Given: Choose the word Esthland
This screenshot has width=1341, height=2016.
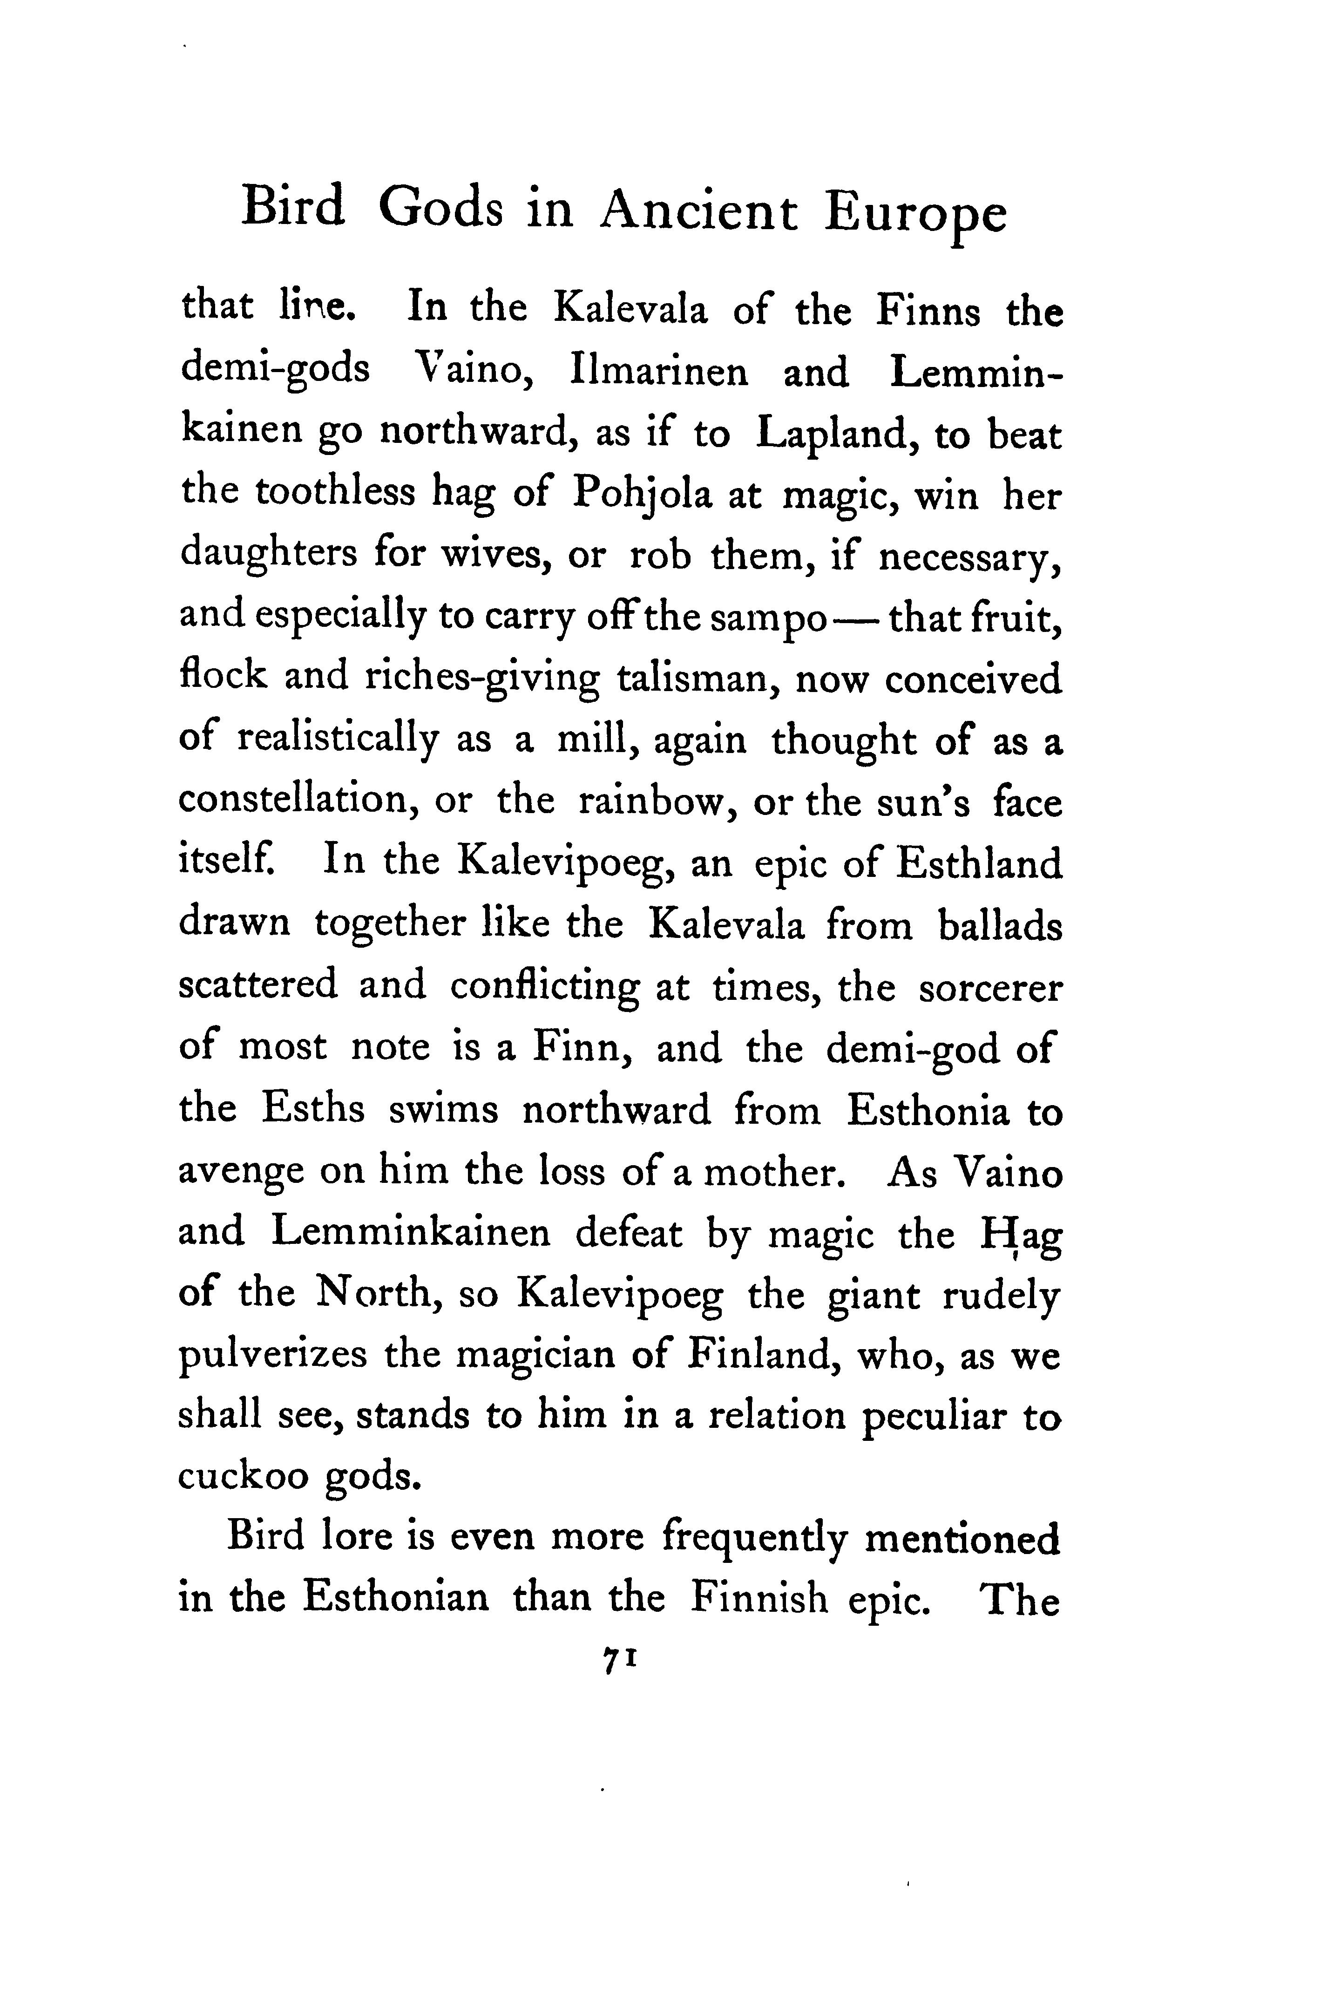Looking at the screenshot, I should coord(979,864).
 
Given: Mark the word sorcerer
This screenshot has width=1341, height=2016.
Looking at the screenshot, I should coord(990,988).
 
